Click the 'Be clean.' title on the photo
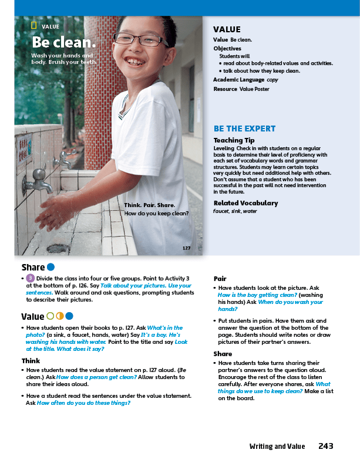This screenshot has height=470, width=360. (x=63, y=43)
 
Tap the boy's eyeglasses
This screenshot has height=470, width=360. (x=140, y=39)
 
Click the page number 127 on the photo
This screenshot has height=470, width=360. (x=186, y=248)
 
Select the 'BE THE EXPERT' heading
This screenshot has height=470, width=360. (x=244, y=129)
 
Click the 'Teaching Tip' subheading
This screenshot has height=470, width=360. (x=234, y=140)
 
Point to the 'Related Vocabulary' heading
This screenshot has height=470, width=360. (x=245, y=203)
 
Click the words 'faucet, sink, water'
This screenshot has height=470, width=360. (x=235, y=211)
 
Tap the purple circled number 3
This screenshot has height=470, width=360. (x=30, y=278)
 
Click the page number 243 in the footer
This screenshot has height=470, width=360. (x=326, y=446)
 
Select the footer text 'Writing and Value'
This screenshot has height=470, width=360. (x=277, y=447)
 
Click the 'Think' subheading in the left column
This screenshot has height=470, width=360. (x=31, y=360)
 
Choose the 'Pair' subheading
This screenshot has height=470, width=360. (x=220, y=279)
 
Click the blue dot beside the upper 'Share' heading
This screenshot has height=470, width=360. (x=51, y=268)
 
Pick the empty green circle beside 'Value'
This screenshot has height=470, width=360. (x=50, y=316)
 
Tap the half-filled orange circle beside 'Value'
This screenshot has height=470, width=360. (x=59, y=316)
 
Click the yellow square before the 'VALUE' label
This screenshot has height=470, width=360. (x=34, y=26)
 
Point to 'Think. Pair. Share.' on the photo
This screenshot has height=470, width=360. (x=149, y=205)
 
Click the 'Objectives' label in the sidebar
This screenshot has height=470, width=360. (x=227, y=48)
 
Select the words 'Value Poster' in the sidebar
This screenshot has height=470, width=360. (x=254, y=89)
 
